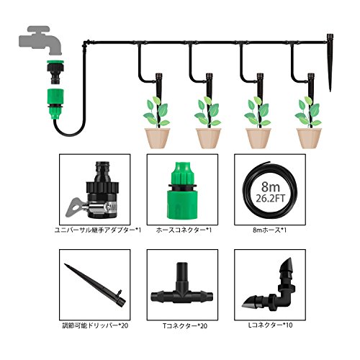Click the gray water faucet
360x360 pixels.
click(40, 40)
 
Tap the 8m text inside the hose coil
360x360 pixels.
click(271, 186)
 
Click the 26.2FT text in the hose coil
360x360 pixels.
click(271, 198)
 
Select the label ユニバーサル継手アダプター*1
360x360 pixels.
click(98, 230)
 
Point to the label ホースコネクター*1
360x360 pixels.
click(184, 230)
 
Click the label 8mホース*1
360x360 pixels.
click(270, 230)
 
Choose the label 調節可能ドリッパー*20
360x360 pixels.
click(95, 325)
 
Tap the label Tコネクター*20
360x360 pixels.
click(185, 326)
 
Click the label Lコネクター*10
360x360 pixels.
click(270, 325)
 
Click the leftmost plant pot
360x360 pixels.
click(157, 138)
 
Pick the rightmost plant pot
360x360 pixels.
click(309, 138)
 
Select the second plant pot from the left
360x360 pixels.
click(208, 138)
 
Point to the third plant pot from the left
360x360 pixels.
click(258, 138)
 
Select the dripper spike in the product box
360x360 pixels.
click(96, 285)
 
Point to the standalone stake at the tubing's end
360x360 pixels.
click(330, 63)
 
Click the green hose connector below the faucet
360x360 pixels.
click(56, 104)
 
